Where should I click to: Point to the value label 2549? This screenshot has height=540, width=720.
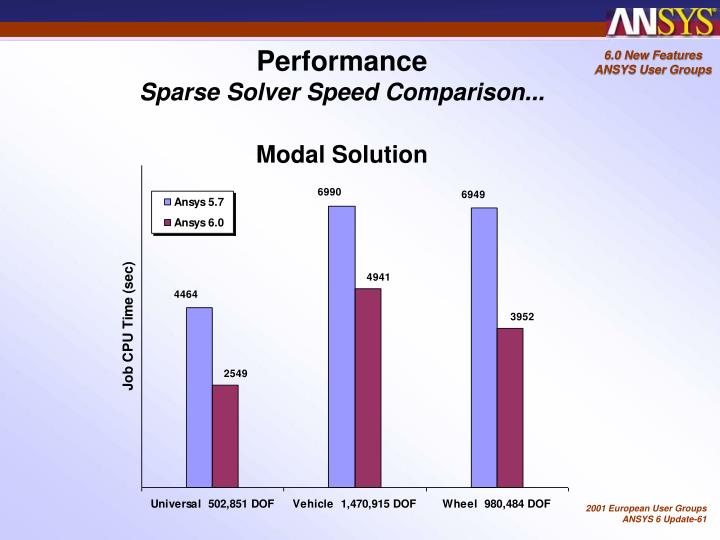coord(236,373)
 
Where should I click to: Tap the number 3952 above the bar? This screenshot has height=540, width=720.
coord(521,316)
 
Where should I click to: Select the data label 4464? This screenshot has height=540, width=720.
coord(185,294)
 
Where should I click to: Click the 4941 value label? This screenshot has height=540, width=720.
coord(379,276)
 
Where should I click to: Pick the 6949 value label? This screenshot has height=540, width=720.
coord(474,194)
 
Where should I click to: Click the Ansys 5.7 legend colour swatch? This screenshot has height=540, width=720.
coord(167,203)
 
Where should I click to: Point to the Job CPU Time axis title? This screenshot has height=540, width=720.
coord(128,327)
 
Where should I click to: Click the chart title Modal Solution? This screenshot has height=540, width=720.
coord(341,155)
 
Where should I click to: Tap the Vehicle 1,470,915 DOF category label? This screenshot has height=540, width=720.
coord(354,504)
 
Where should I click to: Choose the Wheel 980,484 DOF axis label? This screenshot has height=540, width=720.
coord(496,504)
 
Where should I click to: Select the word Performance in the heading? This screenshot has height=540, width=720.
coord(342,62)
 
